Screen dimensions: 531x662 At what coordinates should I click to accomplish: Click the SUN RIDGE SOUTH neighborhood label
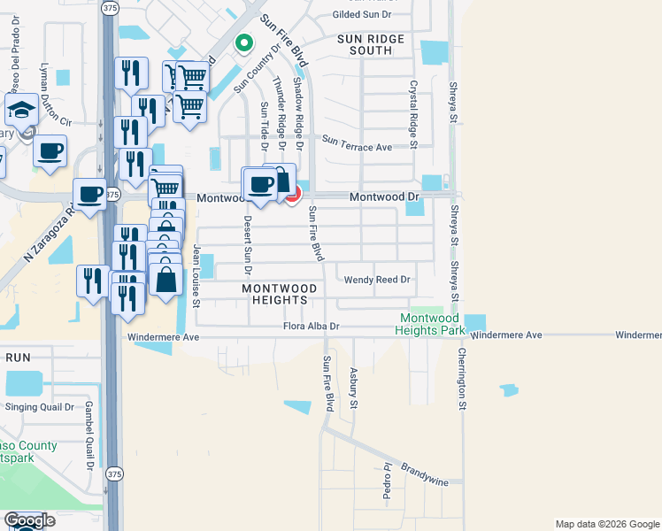tap(371, 45)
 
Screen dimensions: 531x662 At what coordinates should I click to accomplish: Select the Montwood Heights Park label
tap(432, 324)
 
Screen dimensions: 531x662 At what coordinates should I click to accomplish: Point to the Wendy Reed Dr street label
tap(378, 280)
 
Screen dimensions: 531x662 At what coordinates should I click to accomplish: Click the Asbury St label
tap(353, 388)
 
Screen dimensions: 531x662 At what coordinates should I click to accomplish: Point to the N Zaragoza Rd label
tap(46, 235)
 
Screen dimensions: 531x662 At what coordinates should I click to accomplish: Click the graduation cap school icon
tap(20, 111)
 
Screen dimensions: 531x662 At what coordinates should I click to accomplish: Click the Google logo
tap(29, 521)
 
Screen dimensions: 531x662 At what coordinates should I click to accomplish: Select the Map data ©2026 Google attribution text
tap(606, 524)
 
